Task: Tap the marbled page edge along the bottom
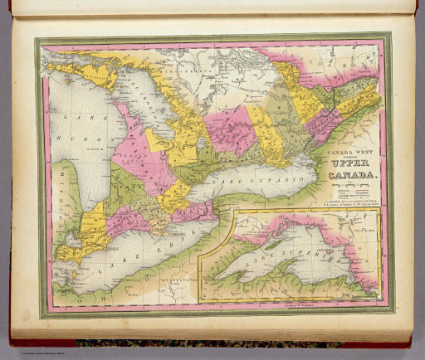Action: click(208, 343)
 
